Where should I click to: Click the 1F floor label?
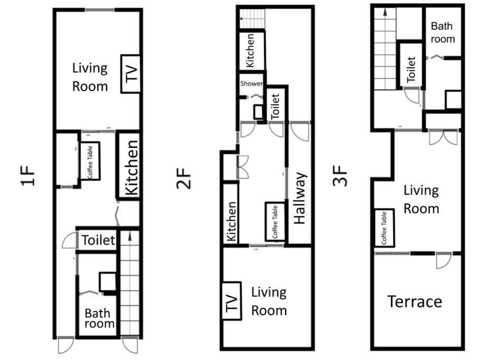28,176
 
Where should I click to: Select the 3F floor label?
340,176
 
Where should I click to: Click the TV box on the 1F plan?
131,73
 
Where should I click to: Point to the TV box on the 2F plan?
231,301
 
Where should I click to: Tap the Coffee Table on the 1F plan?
90,161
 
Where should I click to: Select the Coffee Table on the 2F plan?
275,221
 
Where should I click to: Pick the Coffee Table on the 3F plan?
385,228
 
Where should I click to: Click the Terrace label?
415,301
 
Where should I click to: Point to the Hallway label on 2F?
300,198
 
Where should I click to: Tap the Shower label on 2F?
251,83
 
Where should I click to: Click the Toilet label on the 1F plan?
98,240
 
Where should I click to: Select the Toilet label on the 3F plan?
411,69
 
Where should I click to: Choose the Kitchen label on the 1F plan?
132,168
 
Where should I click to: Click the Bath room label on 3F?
443,33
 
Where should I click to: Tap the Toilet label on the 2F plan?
275,106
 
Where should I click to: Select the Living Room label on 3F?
421,200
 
